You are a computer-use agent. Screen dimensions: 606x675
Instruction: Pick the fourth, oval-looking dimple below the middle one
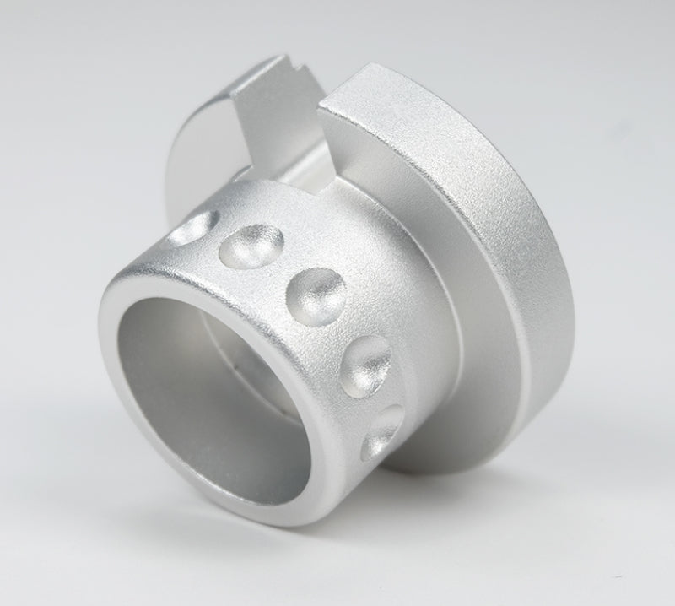point(366,365)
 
